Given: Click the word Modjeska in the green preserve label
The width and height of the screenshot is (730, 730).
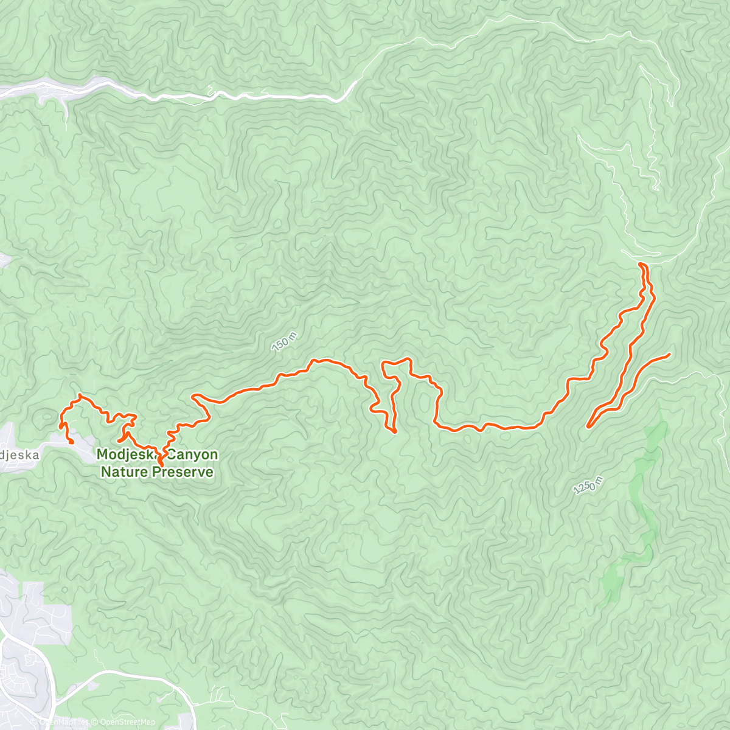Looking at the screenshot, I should (125, 454).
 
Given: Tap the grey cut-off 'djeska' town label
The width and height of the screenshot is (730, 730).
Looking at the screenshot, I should (19, 454).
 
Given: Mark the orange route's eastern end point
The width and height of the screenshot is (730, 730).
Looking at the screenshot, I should (669, 354).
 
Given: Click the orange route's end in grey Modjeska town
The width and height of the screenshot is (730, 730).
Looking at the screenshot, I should (72, 442).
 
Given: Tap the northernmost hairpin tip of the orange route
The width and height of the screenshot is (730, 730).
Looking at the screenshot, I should (641, 263).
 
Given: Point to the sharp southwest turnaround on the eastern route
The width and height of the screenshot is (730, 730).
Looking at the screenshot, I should (588, 427).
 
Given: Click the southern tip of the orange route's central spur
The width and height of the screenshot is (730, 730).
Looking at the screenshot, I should (395, 432).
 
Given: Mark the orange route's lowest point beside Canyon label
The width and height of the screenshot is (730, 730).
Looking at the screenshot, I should (161, 466).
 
